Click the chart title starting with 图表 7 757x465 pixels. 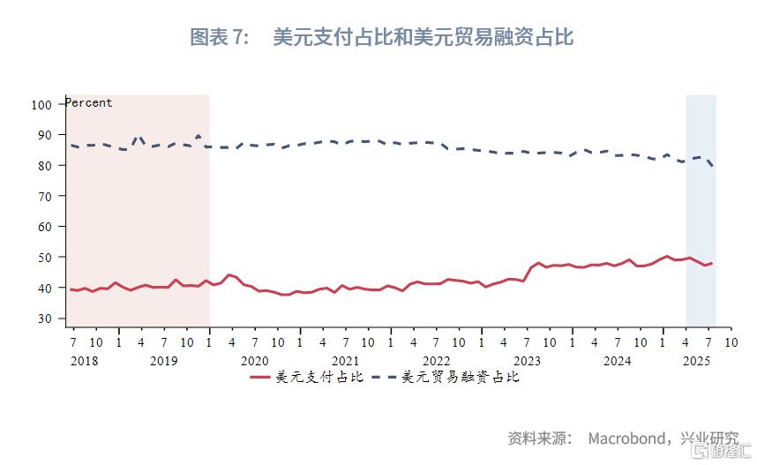[x=381, y=37]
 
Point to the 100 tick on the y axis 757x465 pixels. [x=41, y=104]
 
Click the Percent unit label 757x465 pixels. [x=89, y=102]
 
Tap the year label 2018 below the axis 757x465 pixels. [x=84, y=360]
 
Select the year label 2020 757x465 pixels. [x=254, y=360]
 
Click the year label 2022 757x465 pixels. [x=436, y=360]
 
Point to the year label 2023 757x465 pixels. [x=527, y=360]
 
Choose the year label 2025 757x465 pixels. [x=697, y=360]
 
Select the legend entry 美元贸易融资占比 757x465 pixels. [x=461, y=377]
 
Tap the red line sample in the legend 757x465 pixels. [x=260, y=377]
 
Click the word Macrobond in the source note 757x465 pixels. [x=627, y=439]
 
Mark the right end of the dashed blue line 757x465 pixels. [x=712, y=166]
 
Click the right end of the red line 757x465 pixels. [x=712, y=263]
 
